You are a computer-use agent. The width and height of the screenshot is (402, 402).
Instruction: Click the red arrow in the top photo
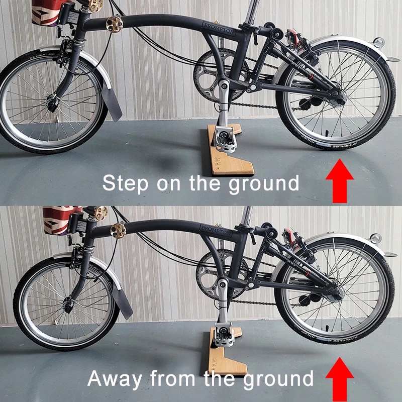(x=340, y=181)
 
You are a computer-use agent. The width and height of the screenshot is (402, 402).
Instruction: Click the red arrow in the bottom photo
(x=340, y=379)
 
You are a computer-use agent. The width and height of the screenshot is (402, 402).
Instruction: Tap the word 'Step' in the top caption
(x=125, y=183)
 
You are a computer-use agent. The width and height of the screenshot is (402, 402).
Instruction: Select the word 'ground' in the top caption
(x=264, y=184)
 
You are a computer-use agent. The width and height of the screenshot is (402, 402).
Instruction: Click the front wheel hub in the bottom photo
(x=67, y=305)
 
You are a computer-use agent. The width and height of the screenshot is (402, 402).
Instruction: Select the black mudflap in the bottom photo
(x=123, y=301)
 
